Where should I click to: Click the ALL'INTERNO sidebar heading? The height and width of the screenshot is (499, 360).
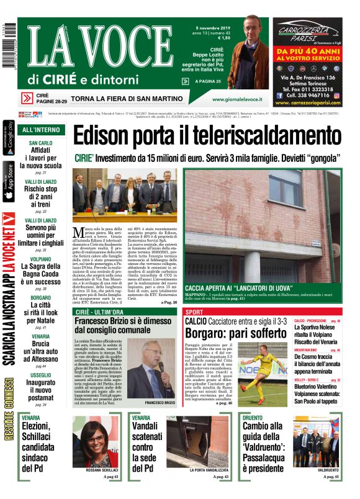tap(41, 130)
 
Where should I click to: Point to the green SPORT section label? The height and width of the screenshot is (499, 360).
tap(194, 312)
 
